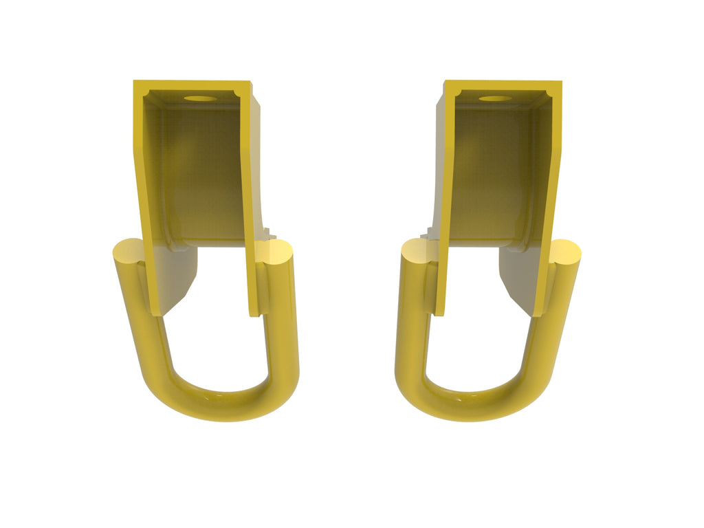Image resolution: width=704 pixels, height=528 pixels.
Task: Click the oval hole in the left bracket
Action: (199, 98)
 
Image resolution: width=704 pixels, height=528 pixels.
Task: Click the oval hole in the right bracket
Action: (496, 98)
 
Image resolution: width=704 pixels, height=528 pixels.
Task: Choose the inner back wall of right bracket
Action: (492, 172)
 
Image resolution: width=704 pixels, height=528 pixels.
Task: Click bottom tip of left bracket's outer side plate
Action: (156, 311)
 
